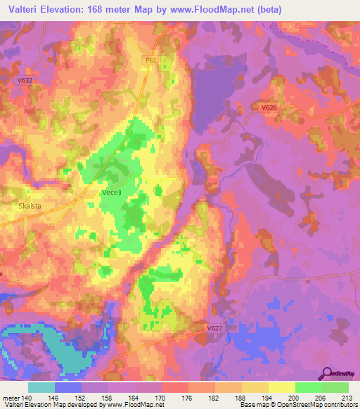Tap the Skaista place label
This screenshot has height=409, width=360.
[27, 207]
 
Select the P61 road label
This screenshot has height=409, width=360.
[150, 61]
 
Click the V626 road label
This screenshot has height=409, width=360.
[268, 108]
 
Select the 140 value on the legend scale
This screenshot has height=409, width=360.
[28, 397]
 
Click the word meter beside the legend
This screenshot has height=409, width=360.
[10, 397]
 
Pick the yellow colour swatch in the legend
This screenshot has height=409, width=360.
[281, 387]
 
